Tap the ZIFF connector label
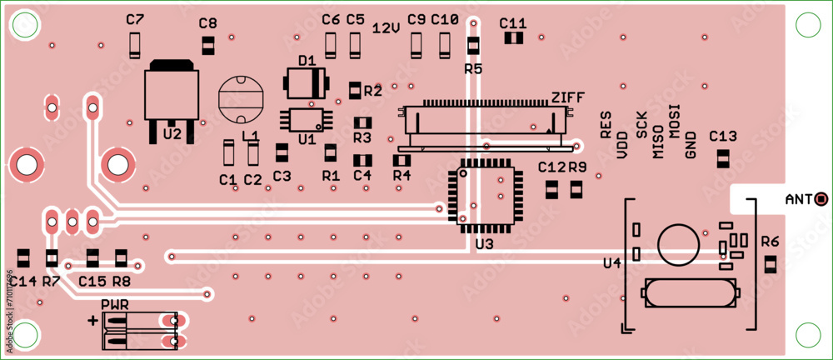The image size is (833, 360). (x=567, y=97)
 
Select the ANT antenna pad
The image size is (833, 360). (x=821, y=198)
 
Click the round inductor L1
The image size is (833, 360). (x=240, y=99)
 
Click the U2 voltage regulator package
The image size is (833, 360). (x=172, y=93)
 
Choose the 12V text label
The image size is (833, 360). (x=386, y=27)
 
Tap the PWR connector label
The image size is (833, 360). (x=114, y=305)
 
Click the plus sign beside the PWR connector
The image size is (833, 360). (x=92, y=319)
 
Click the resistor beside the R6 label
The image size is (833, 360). (x=770, y=265)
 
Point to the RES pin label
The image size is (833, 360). (x=606, y=125)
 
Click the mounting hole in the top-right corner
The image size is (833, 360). (x=807, y=25)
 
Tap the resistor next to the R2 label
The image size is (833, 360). (x=355, y=89)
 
